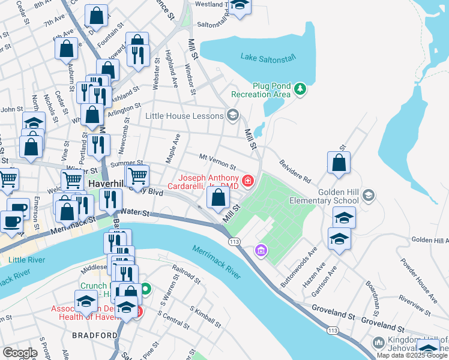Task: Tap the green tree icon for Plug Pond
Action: pos(301,90)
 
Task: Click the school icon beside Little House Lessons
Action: pos(232,116)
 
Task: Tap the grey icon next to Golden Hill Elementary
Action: pos(369,196)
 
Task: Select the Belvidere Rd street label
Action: pos(295,171)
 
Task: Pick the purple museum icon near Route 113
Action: pos(261,249)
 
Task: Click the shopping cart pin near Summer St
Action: pos(137,176)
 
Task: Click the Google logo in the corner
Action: pos(20,352)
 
